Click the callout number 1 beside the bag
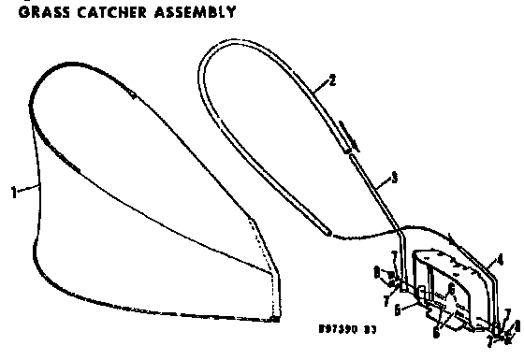coord(13,194)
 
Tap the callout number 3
coord(394,176)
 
